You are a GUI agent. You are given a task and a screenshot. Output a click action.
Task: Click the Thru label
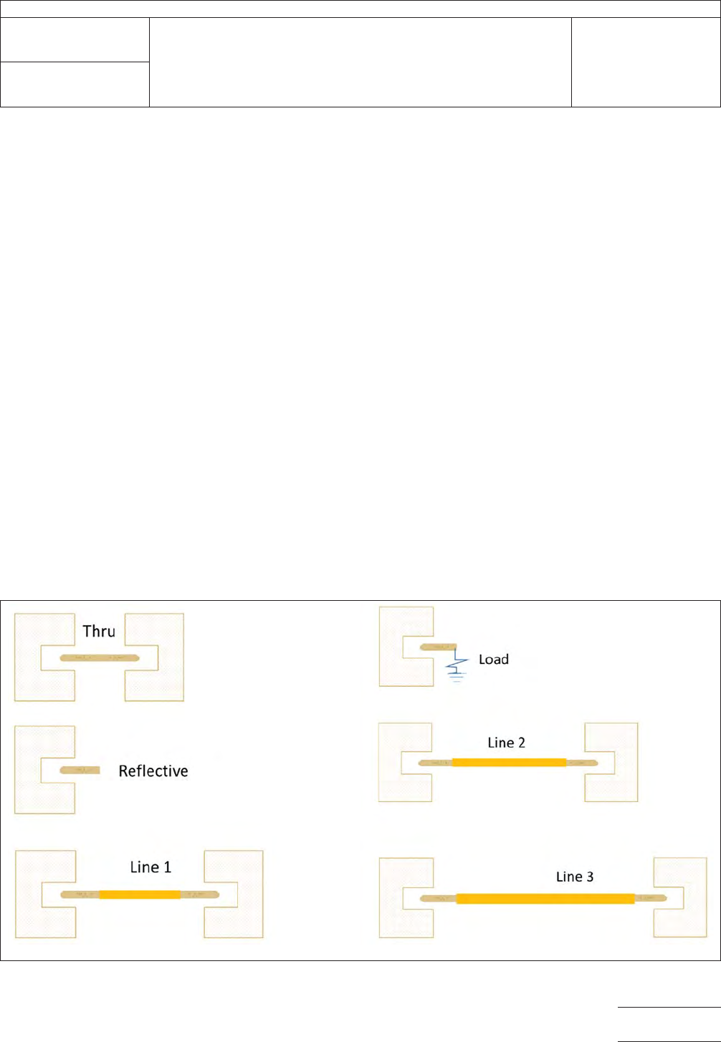[x=99, y=631]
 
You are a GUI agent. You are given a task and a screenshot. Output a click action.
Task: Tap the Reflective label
[x=153, y=771]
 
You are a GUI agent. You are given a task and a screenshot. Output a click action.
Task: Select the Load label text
[x=494, y=659]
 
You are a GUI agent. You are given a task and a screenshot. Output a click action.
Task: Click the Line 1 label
[x=151, y=867]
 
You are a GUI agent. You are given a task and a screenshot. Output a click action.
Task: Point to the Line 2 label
[x=506, y=743]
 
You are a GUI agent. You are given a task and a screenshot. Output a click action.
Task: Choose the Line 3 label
[x=575, y=877]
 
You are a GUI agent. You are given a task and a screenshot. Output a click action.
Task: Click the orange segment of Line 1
[x=140, y=894]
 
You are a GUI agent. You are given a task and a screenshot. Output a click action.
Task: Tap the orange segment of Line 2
[x=509, y=763]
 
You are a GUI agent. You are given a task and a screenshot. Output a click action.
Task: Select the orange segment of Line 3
[x=545, y=899]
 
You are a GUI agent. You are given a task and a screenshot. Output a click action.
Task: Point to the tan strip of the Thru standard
[x=100, y=657]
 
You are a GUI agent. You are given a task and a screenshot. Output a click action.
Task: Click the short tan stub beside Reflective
[x=80, y=770]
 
